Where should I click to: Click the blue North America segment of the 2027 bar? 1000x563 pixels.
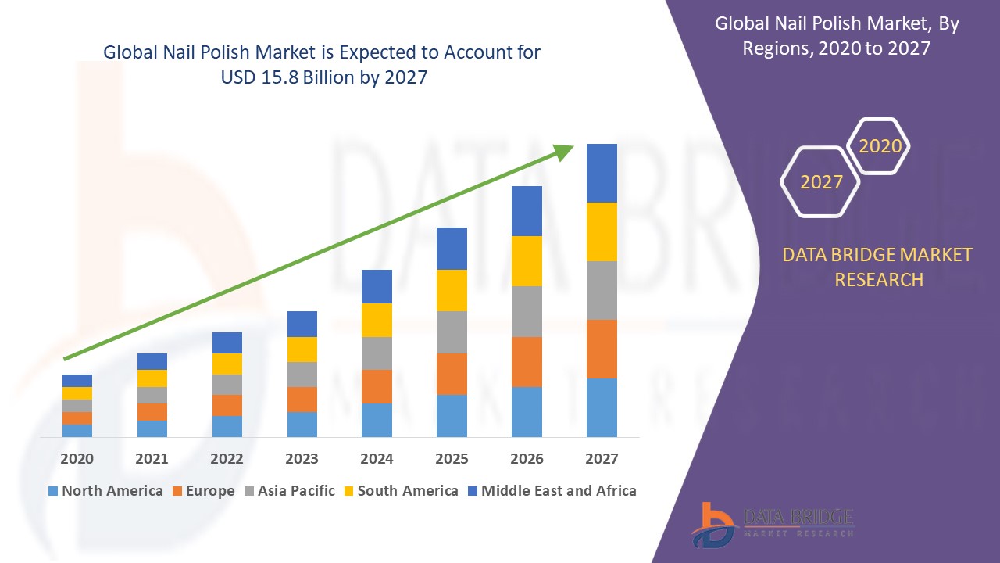tap(602, 407)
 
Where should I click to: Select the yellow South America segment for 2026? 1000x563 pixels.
tap(527, 261)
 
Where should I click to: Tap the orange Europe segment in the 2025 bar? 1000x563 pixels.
tap(452, 374)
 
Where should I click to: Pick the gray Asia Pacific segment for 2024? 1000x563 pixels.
tap(377, 353)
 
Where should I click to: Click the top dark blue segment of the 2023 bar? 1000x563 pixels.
tap(302, 324)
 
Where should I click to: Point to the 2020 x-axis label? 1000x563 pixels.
tap(77, 459)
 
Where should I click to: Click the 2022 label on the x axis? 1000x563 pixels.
tap(227, 459)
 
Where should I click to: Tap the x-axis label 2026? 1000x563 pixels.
tap(527, 459)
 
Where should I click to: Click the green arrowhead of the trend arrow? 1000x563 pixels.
tap(563, 151)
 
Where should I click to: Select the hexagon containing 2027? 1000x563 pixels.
tap(820, 182)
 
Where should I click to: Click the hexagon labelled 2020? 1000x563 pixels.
tap(880, 146)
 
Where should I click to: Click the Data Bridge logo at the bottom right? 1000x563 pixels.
tap(773, 523)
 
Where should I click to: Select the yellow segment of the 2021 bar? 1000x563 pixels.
tap(152, 378)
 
